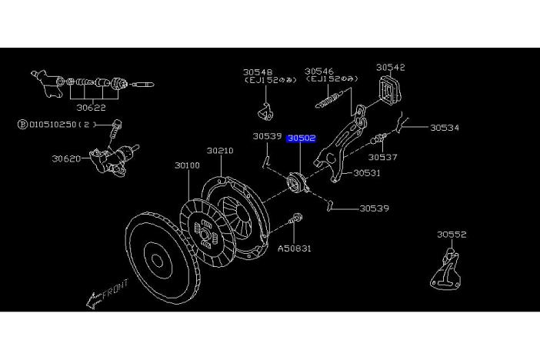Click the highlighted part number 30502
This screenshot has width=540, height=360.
[301, 138]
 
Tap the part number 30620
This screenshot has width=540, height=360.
[67, 159]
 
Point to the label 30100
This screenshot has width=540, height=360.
[187, 165]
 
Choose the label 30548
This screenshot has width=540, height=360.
[258, 71]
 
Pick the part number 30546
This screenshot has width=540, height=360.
[319, 71]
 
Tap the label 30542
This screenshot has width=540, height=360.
[390, 68]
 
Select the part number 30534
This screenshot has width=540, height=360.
[444, 128]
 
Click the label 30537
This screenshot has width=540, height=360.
[404, 157]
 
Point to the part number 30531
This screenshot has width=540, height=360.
[367, 173]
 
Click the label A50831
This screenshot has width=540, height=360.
[295, 248]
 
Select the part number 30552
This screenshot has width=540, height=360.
[452, 235]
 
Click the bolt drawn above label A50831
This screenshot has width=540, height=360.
[295, 225]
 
